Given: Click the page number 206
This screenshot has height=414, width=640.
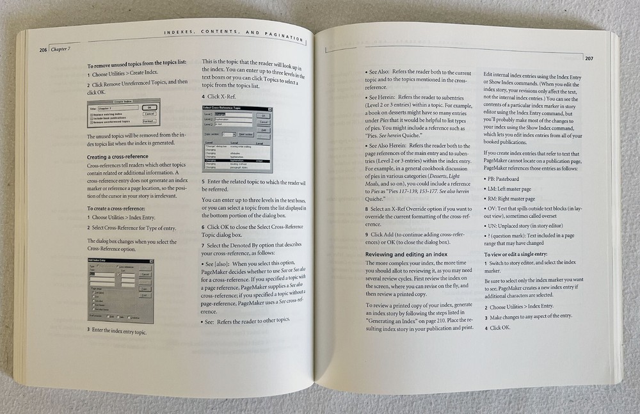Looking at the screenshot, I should click(x=44, y=50).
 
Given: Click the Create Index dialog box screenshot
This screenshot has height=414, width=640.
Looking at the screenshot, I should click(x=124, y=113).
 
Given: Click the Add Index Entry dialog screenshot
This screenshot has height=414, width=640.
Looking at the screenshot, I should click(x=120, y=290).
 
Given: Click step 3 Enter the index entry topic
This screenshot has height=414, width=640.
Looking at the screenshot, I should click(x=115, y=332).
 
